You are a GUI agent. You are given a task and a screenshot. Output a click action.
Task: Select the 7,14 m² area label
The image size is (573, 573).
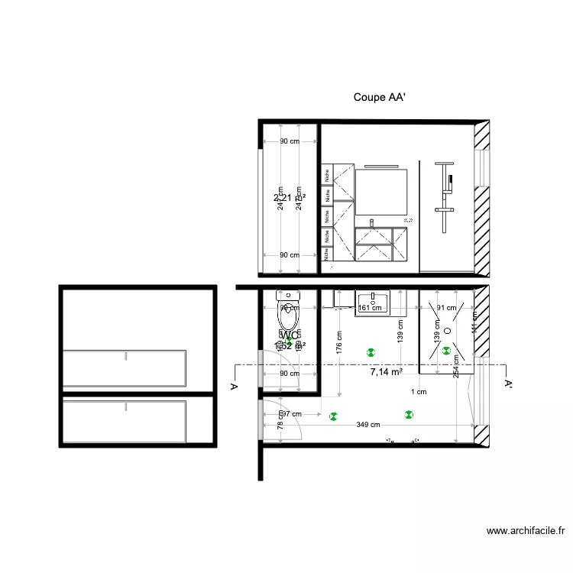386,373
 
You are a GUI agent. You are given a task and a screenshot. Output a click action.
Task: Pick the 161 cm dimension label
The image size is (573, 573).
370,309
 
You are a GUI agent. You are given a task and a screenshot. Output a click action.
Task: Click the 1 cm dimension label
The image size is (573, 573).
419,392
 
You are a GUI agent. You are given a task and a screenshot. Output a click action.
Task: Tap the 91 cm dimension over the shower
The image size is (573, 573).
445,308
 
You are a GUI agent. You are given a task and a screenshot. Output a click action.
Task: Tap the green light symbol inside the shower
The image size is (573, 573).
446,351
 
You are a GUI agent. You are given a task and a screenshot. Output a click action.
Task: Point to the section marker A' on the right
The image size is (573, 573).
508,386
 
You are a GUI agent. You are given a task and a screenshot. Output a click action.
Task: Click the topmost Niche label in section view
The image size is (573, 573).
327,173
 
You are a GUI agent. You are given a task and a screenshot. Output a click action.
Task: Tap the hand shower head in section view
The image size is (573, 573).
451,181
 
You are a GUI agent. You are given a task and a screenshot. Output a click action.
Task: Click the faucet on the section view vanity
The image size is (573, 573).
372,222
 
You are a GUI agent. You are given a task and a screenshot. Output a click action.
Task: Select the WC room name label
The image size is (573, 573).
289,335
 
